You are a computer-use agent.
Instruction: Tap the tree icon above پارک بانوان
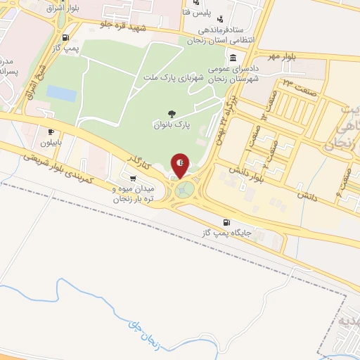click(x=171, y=112)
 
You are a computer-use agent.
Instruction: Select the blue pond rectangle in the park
click(x=61, y=93)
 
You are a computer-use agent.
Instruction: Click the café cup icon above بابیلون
click(x=50, y=131)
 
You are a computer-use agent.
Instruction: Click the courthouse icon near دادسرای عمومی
click(x=233, y=58)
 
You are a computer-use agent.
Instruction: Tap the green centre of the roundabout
click(x=186, y=189)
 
